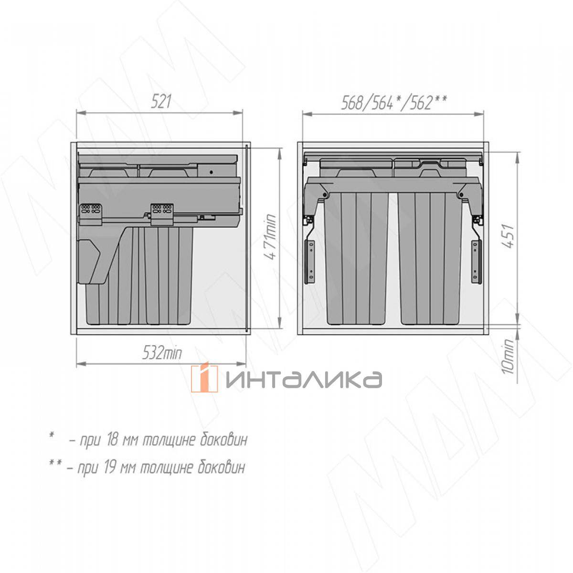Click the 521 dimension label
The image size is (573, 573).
click(161, 102)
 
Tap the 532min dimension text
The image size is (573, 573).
click(162, 353)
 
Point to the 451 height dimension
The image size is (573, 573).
click(509, 236)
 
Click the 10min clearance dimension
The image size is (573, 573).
click(508, 356)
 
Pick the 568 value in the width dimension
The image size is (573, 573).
click(352, 103)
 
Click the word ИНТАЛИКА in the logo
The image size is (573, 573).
click(304, 380)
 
